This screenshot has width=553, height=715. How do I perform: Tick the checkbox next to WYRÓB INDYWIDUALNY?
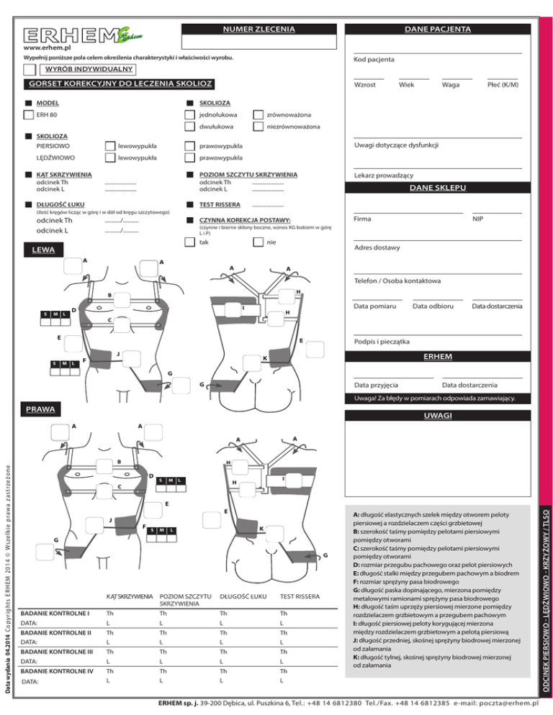(x=30, y=69)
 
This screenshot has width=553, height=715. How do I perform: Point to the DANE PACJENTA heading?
(x=437, y=29)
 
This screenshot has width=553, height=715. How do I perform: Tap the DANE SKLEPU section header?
(x=437, y=188)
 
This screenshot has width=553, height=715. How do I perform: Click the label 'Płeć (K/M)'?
(x=503, y=85)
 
